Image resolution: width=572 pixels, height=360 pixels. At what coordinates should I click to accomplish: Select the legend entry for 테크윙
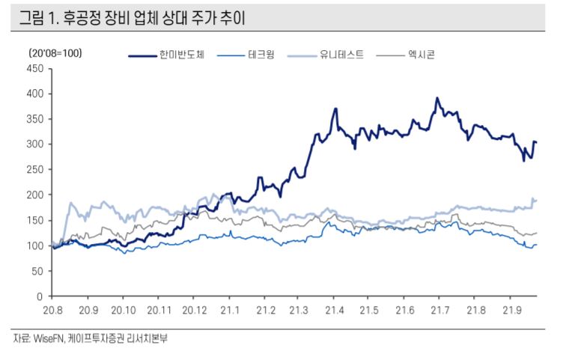(x=261, y=55)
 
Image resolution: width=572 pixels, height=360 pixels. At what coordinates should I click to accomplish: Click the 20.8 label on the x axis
(x=52, y=309)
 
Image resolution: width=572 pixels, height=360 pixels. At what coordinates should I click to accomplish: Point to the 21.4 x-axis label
(x=334, y=309)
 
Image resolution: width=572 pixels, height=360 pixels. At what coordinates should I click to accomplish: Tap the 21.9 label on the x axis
(x=511, y=309)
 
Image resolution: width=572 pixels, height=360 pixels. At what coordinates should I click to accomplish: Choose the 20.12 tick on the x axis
(x=194, y=309)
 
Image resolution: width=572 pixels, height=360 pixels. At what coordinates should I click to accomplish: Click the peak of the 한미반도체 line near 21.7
(x=437, y=98)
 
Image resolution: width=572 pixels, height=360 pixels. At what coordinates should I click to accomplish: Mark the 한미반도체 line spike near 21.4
(x=335, y=109)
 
